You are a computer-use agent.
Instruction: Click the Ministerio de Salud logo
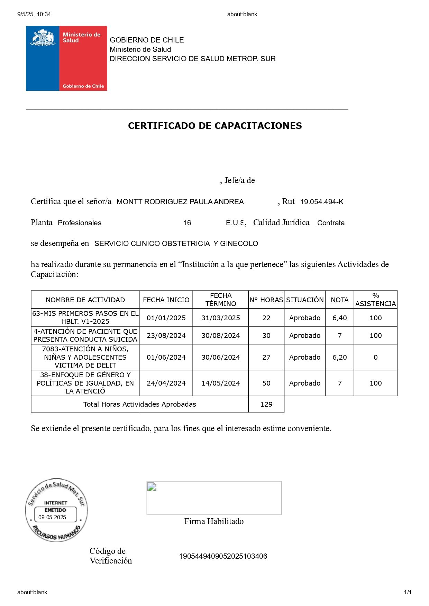tap(66, 58)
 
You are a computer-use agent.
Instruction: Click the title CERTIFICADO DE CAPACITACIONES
tap(215, 126)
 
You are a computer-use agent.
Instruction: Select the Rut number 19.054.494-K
tap(322, 202)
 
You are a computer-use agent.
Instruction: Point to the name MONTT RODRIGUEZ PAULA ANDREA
tap(180, 202)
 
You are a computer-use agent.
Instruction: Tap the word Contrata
tap(331, 223)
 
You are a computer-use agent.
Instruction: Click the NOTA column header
tap(339, 300)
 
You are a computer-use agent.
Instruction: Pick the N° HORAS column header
tap(266, 300)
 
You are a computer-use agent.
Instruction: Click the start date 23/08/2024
tap(166, 335)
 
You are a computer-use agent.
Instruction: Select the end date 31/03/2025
tap(221, 318)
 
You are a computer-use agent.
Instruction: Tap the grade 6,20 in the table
tap(339, 357)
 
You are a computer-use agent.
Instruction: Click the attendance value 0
tap(375, 357)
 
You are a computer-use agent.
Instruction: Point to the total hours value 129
tap(266, 404)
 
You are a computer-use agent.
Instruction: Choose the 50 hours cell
tap(266, 383)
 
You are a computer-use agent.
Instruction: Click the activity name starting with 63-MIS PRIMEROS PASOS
tap(85, 318)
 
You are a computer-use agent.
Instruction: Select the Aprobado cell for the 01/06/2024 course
tap(304, 357)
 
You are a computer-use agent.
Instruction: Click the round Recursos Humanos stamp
tap(56, 510)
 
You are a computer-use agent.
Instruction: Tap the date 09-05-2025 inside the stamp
tap(52, 517)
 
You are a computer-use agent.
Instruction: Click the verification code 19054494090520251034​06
tap(223, 556)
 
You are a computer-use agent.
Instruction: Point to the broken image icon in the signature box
tap(152, 487)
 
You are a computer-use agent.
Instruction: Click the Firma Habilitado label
tap(214, 521)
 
